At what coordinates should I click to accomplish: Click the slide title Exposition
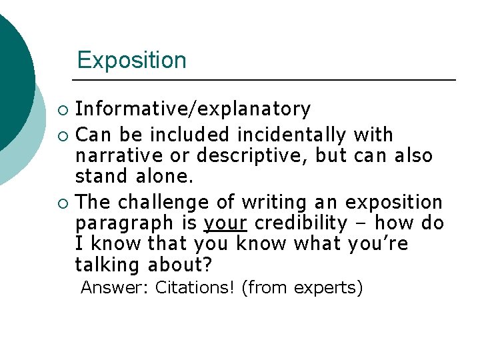click(131, 60)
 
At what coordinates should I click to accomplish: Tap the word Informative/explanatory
click(193, 109)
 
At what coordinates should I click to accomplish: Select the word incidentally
click(291, 135)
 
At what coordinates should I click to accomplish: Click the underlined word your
click(224, 223)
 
